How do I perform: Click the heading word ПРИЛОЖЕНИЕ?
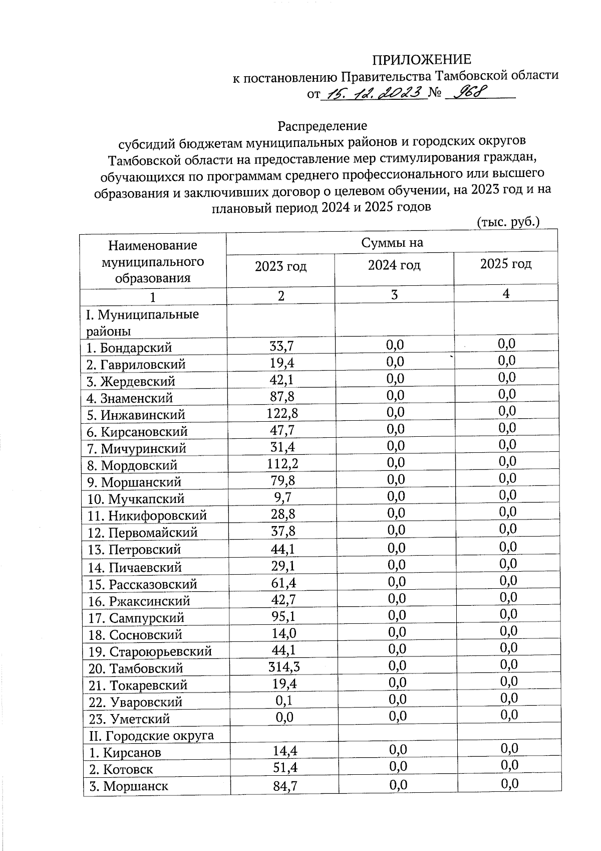[421, 60]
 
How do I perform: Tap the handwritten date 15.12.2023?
[373, 93]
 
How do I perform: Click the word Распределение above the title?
[322, 125]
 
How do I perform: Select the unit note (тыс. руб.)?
[508, 221]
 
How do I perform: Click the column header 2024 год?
[394, 265]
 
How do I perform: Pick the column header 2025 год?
[506, 264]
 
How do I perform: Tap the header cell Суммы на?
[392, 243]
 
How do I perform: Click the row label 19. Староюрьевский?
[150, 651]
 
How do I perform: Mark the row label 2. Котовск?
[121, 769]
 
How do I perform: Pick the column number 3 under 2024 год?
[394, 294]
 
